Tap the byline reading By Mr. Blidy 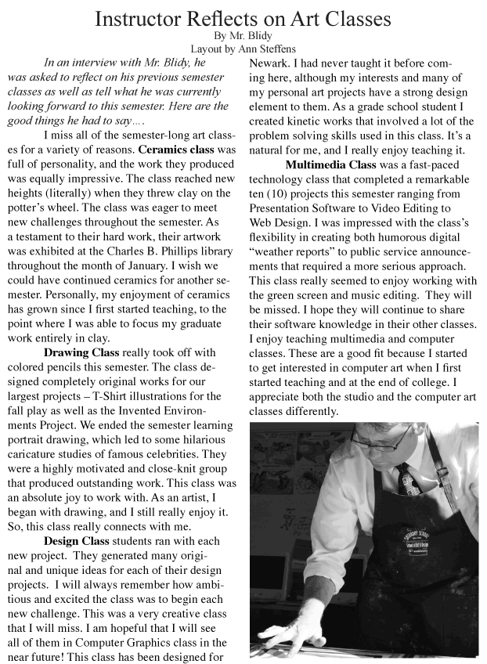click(x=243, y=36)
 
